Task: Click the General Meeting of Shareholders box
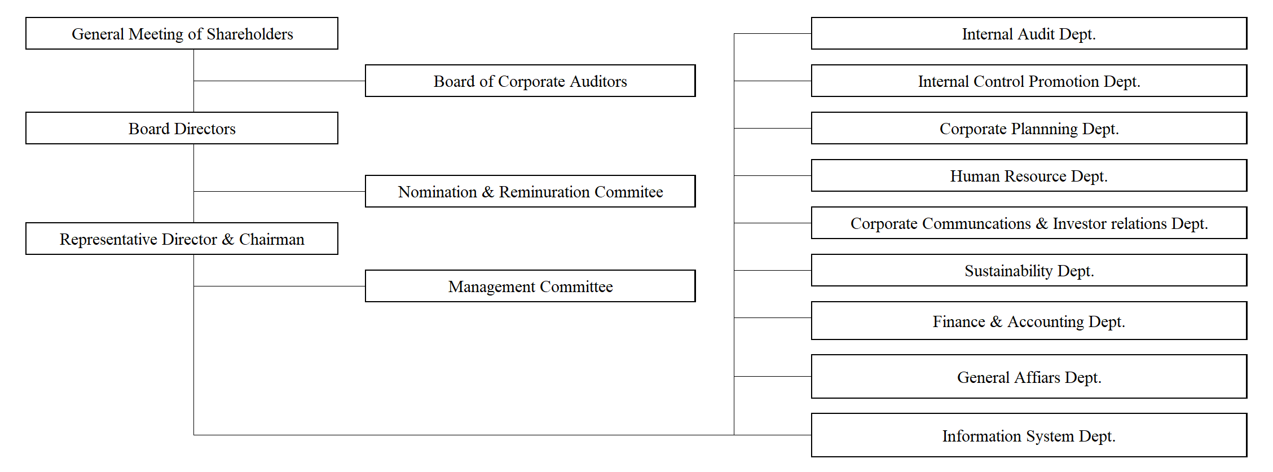coord(182,33)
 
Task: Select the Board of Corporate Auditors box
coord(530,81)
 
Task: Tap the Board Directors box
coord(182,128)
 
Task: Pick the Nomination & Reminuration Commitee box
coord(530,191)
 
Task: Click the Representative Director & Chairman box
coord(182,239)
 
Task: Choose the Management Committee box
coord(530,286)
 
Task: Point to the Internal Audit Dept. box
coord(1029,33)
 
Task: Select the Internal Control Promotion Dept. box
coord(1029,81)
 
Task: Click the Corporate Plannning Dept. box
coord(1029,128)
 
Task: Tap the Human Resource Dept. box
coord(1029,175)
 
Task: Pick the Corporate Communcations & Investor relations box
coord(1029,223)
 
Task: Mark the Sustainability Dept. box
coord(1029,270)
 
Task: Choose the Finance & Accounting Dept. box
coord(1029,320)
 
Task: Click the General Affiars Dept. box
coord(1029,376)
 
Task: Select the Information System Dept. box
coord(1029,435)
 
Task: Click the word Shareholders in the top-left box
coord(250,34)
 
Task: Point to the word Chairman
coord(272,239)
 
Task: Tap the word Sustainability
coord(1008,271)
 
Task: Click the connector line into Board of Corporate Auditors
coord(279,81)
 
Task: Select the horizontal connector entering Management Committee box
coord(279,286)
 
